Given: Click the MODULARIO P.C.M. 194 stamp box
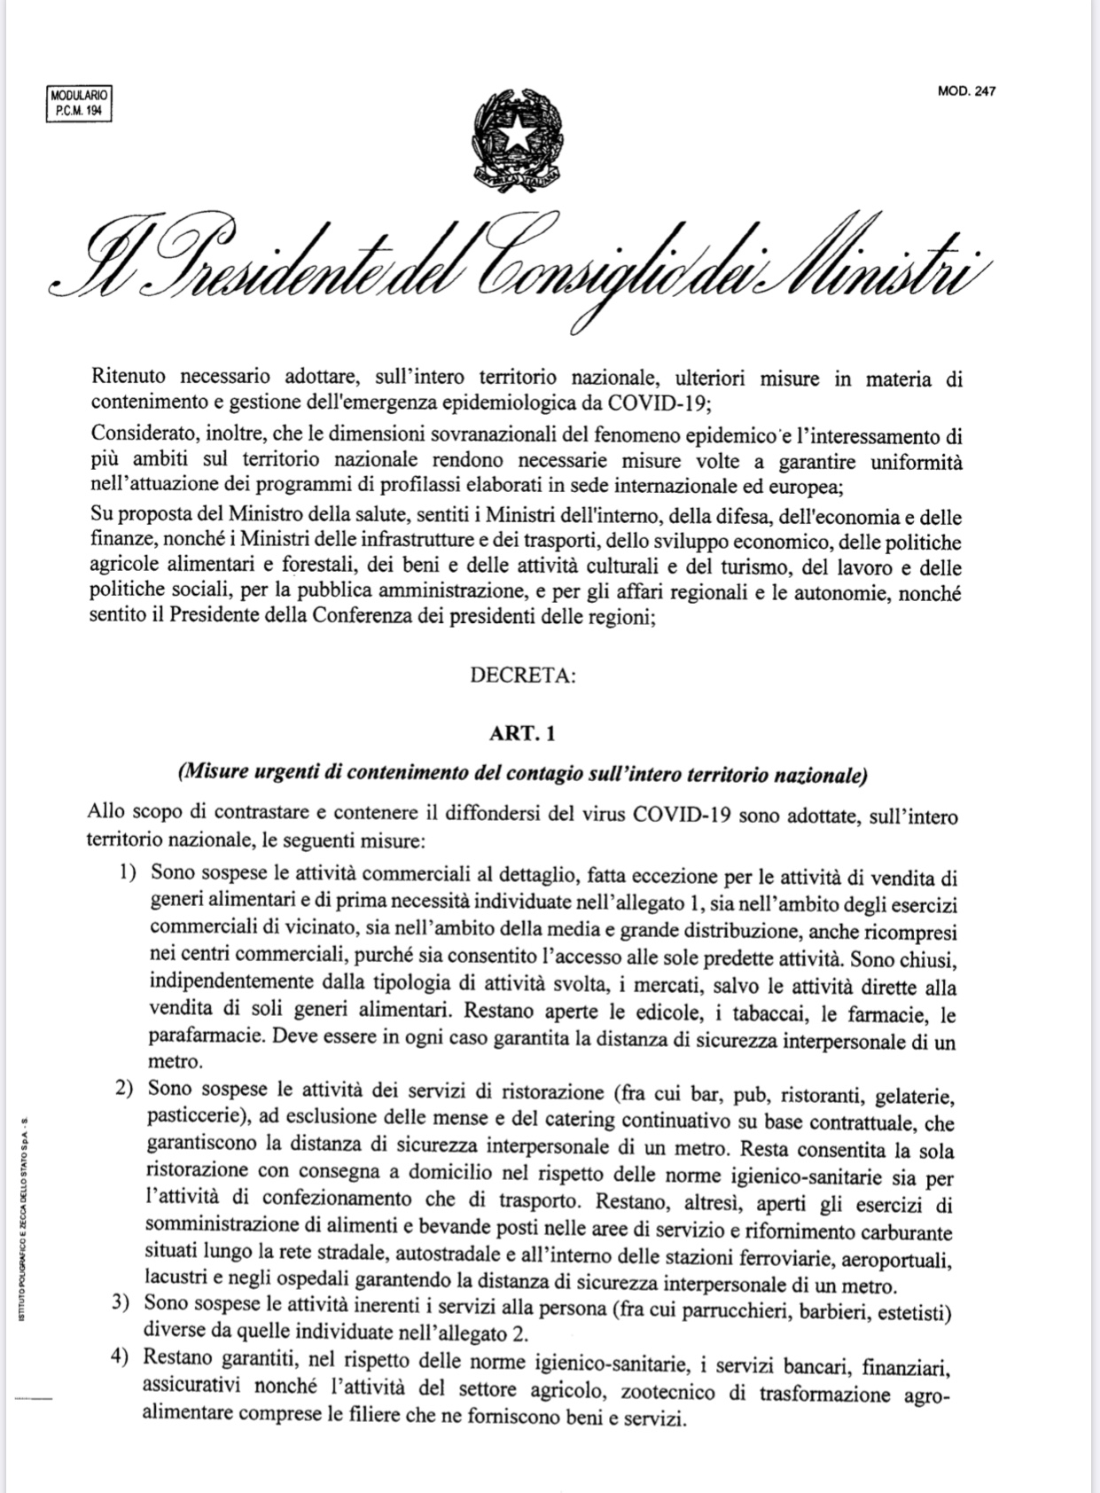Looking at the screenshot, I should (78, 104).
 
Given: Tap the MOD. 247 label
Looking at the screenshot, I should (966, 90).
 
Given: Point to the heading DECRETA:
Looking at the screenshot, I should (523, 676).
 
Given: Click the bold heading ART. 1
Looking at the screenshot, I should (523, 733).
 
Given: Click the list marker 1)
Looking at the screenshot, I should (129, 874).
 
